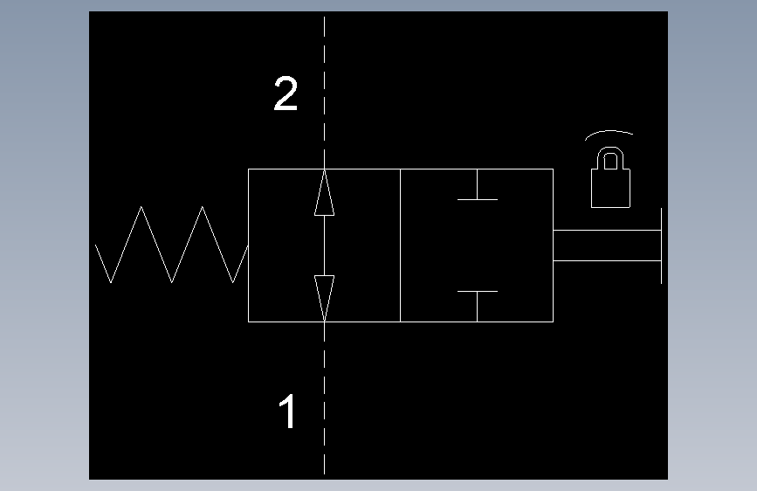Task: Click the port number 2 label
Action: click(286, 94)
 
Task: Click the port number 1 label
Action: click(287, 411)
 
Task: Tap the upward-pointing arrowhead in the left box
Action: click(324, 193)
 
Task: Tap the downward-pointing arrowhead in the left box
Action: click(324, 297)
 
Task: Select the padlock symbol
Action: click(610, 178)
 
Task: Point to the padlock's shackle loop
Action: click(610, 159)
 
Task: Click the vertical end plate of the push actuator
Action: click(661, 245)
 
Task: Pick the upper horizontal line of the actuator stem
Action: click(606, 231)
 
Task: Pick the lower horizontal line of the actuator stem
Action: click(606, 260)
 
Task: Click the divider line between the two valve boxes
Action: click(400, 245)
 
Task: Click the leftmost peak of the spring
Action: click(141, 208)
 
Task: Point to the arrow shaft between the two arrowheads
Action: click(324, 245)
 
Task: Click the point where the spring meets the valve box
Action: click(248, 247)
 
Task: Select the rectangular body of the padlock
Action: click(610, 188)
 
